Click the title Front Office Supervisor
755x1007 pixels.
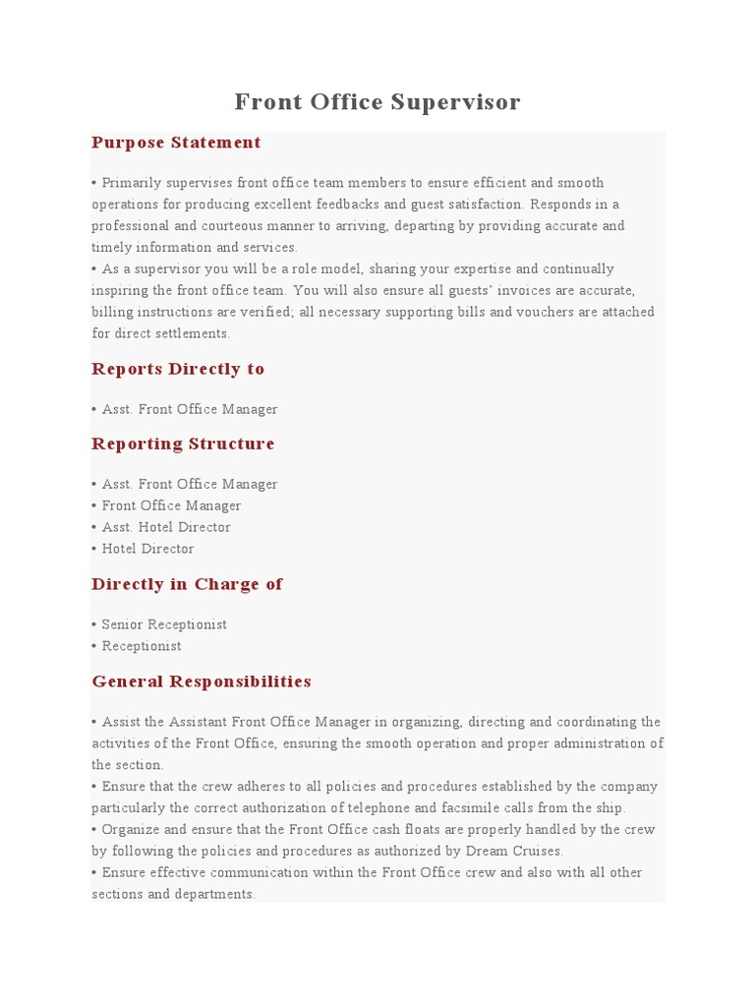[377, 102]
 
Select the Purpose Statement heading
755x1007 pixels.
[176, 143]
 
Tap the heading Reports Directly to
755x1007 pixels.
[178, 369]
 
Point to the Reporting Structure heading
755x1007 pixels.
[183, 444]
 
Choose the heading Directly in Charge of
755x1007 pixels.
[187, 584]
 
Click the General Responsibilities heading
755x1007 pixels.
[202, 681]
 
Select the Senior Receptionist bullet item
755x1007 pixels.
[164, 624]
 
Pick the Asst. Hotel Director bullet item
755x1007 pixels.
[166, 527]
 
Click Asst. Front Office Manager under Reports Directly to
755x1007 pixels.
[190, 409]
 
